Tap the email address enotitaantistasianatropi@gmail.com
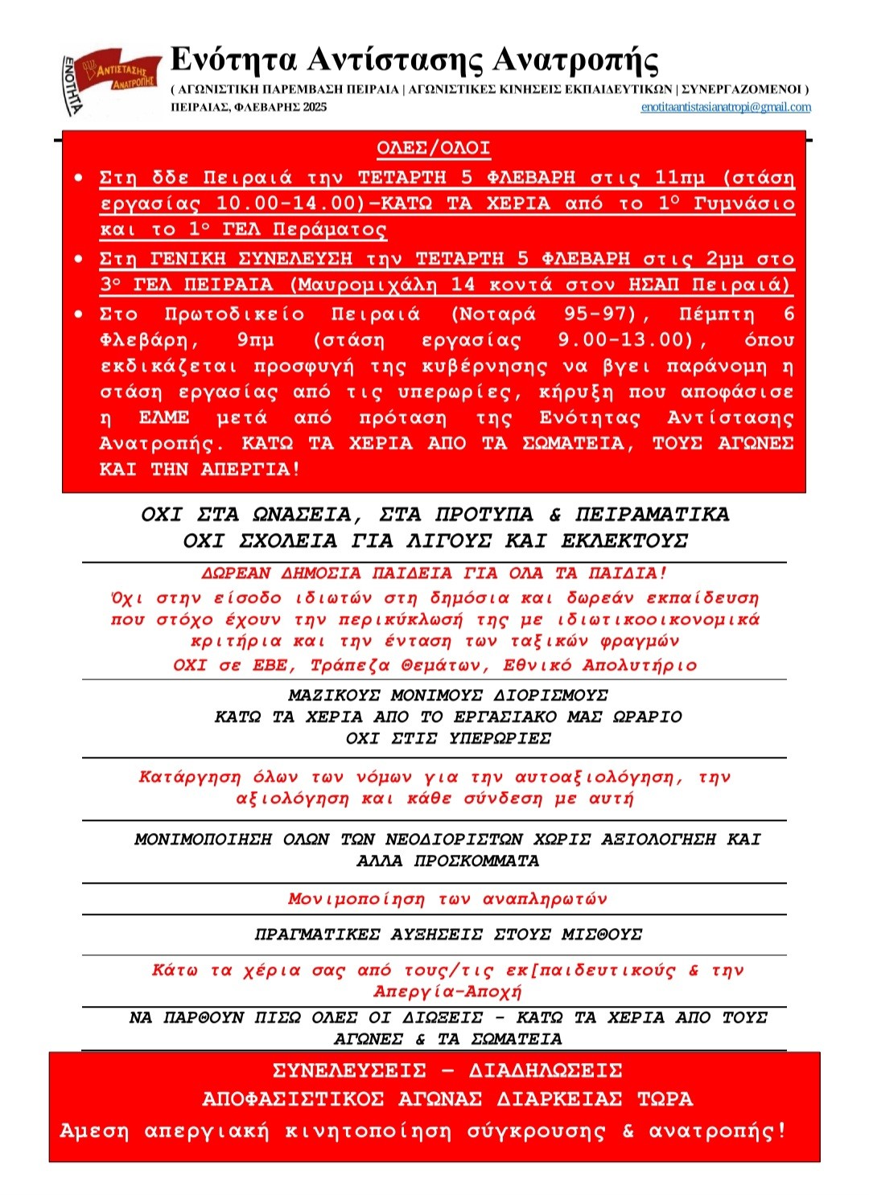click(725, 107)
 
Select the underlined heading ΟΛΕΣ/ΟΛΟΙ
click(433, 148)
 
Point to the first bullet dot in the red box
click(78, 177)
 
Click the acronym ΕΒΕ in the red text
click(270, 665)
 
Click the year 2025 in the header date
click(315, 107)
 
